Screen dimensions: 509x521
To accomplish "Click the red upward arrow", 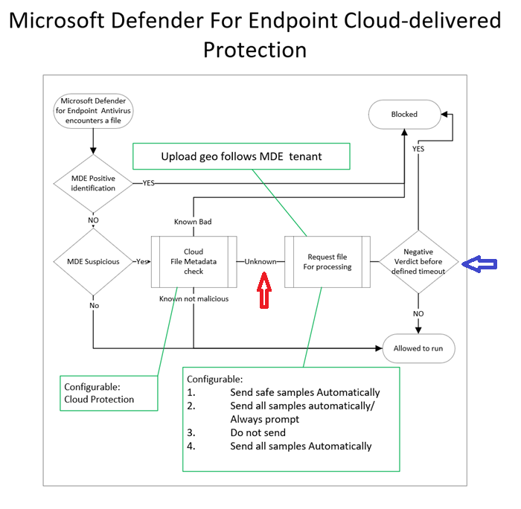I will coord(263,289).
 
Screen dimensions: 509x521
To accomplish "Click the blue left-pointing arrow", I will coord(479,263).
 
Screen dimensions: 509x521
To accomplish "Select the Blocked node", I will coord(404,115).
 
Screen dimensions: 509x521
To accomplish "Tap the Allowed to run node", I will coord(418,348).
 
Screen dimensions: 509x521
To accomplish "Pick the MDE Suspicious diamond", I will coord(93,262).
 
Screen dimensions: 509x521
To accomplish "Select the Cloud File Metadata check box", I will coord(194,261).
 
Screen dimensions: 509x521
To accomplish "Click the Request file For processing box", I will coord(327,261).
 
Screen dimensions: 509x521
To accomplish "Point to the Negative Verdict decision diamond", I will coord(418,261).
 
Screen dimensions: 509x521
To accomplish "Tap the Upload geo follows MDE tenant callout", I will coord(241,156).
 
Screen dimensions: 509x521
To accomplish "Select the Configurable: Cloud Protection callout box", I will coord(109,393).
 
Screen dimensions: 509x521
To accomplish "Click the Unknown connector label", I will coord(260,262).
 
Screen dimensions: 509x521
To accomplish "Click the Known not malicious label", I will coord(194,298).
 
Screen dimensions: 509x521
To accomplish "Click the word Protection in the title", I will coord(255,50).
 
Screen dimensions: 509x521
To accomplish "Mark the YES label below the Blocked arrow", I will coord(418,149).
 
